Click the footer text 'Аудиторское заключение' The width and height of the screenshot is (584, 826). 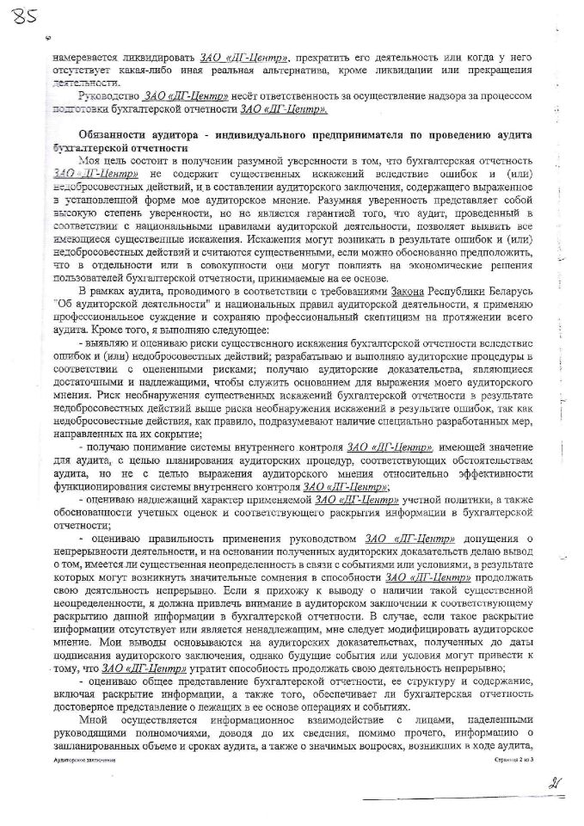(77, 761)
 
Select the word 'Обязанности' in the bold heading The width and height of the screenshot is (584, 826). (111, 136)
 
